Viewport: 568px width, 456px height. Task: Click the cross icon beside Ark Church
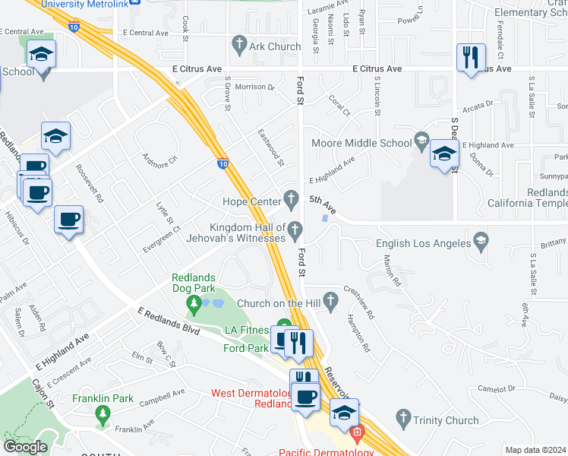coord(239,46)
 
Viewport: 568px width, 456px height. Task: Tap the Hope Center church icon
coord(289,201)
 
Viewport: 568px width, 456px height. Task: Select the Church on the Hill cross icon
coord(330,301)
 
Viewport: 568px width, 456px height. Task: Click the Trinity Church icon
coord(402,419)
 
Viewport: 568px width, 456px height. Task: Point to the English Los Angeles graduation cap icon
coord(481,243)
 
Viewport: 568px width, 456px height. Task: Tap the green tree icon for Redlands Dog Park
coord(194,306)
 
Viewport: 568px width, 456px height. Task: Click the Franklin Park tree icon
coord(103,414)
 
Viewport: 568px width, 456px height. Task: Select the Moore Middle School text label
coord(361,142)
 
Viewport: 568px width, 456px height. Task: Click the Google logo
coord(25,446)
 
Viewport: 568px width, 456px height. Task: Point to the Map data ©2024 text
coord(535,450)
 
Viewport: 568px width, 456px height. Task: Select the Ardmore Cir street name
coord(159,160)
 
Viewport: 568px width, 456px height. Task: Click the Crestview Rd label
coord(359,301)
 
